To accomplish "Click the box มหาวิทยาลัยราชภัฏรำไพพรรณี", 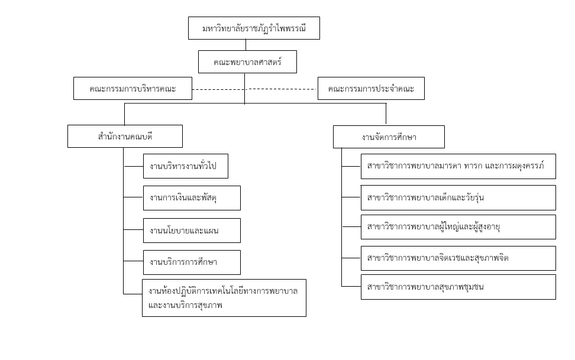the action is click(x=254, y=28).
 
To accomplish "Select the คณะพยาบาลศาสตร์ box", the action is click(x=247, y=61).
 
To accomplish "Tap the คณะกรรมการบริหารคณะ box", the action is click(x=133, y=88).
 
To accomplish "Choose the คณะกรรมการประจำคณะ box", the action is click(x=371, y=88).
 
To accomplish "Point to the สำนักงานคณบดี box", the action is click(x=125, y=137).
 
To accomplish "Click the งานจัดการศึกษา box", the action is click(x=389, y=137).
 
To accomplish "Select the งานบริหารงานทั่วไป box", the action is click(x=186, y=166).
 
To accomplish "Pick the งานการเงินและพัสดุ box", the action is click(x=192, y=198).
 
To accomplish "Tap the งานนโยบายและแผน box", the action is click(x=192, y=231).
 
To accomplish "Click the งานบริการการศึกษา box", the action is click(x=192, y=262).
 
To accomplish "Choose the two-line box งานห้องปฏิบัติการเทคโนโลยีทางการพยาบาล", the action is click(x=224, y=298).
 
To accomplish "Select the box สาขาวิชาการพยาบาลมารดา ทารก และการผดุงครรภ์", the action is click(x=458, y=167).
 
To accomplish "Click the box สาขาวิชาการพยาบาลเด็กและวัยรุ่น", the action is click(x=458, y=197).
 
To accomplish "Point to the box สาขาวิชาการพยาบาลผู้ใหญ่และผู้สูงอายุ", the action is click(x=458, y=227).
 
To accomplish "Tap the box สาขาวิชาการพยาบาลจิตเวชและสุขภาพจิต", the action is click(x=458, y=258).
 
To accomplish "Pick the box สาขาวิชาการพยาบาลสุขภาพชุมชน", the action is click(x=458, y=287).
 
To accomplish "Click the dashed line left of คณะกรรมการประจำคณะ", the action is click(x=283, y=89).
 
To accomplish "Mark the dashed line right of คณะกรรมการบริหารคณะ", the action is click(x=219, y=89).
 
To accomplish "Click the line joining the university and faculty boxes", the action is click(x=245, y=45).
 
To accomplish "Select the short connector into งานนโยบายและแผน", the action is click(x=133, y=230).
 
